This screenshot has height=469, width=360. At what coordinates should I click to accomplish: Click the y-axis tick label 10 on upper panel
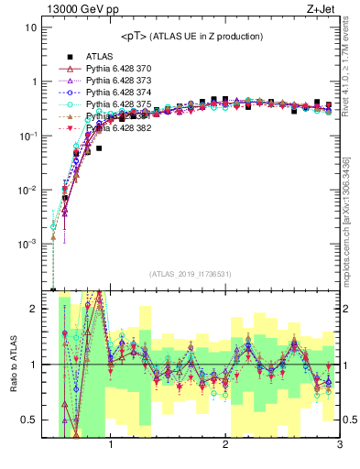tap(30, 27)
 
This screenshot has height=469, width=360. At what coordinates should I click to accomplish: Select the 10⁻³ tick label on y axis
tap(27, 245)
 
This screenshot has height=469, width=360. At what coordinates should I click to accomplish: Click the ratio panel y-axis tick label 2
tap(33, 310)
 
